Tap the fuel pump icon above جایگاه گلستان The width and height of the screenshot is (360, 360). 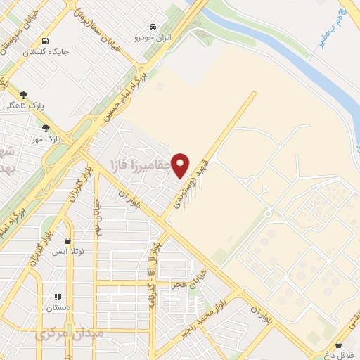click(x=46, y=41)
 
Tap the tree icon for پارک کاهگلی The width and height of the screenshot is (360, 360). click(x=25, y=94)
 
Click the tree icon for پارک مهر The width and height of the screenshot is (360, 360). click(x=46, y=128)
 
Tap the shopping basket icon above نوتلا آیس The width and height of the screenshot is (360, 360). click(x=68, y=240)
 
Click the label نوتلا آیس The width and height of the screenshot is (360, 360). click(x=68, y=252)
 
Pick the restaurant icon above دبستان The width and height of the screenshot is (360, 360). click(x=58, y=297)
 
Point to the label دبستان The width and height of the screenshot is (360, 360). click(x=58, y=308)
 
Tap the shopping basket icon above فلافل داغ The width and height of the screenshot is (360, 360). click(x=340, y=345)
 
